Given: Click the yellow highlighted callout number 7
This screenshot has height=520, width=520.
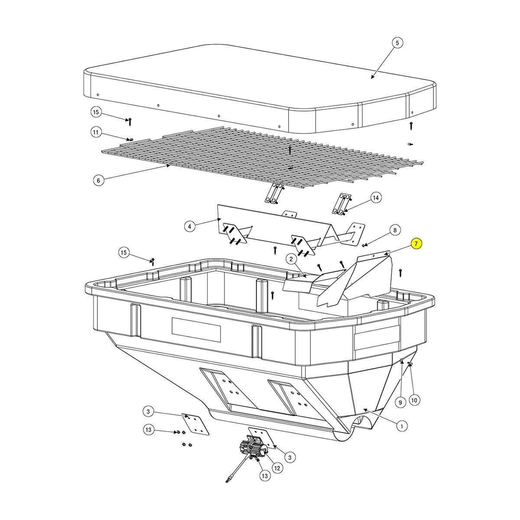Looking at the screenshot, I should (416, 244).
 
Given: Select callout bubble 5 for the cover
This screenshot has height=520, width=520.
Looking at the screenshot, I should (397, 43).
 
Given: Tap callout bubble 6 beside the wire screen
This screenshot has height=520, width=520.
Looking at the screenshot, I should (98, 180).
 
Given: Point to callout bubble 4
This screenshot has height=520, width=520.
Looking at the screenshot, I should (189, 226).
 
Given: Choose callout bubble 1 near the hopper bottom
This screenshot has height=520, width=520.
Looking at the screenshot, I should (402, 426).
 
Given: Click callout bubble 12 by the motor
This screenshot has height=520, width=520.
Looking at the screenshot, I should (277, 468).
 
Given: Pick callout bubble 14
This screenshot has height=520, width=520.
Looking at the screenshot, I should (376, 198).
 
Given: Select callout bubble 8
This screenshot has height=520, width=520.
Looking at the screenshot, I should (395, 230).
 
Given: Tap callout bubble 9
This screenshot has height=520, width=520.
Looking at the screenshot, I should (400, 403).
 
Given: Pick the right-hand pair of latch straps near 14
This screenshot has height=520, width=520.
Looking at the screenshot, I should (341, 204).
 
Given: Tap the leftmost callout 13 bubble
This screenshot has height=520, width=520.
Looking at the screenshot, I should (148, 430).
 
